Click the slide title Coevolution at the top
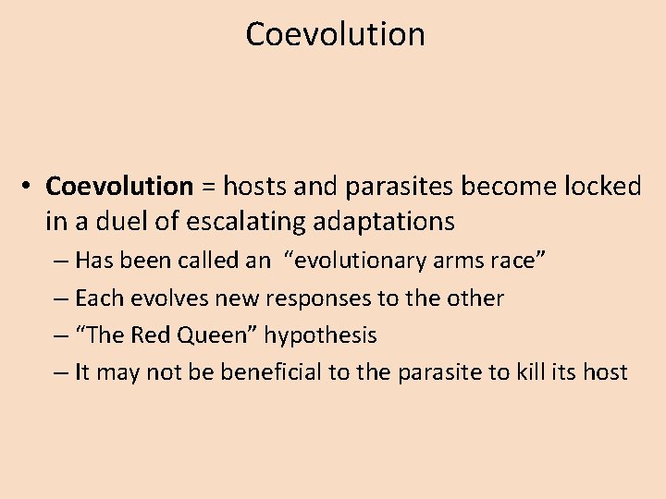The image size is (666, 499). coord(335,34)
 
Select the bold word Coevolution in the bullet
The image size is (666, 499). coord(119,187)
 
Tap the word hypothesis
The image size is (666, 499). coord(320,335)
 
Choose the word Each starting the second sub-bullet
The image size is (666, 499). coord(96,298)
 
